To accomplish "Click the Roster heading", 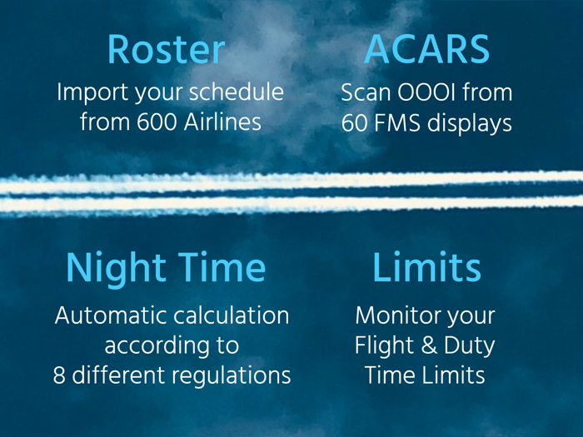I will [166, 51].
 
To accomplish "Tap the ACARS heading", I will [426, 51].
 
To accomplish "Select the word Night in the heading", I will [117, 268].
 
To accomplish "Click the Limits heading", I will [426, 268].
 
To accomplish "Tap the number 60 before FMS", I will [354, 122].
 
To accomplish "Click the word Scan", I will [363, 92].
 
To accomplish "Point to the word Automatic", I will [107, 316].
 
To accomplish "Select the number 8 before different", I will [58, 375].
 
